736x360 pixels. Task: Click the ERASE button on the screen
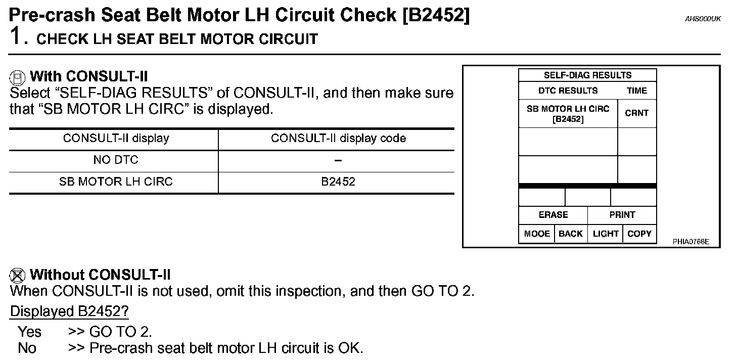coord(553,215)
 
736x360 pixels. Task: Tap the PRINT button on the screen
coord(622,215)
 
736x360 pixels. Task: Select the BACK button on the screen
coord(570,234)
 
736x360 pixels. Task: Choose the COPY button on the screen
coord(639,234)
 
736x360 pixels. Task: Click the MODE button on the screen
coord(536,234)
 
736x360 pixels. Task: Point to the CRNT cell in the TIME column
coord(636,113)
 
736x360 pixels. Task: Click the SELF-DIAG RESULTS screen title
coord(587,75)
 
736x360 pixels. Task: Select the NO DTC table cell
coord(116,160)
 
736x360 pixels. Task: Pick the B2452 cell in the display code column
coord(338,182)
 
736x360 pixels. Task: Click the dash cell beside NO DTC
coord(338,160)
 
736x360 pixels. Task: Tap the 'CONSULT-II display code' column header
coord(338,139)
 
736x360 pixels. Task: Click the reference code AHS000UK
coord(703,19)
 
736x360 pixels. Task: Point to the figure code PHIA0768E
coord(691,242)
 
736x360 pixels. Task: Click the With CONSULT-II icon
coord(18,77)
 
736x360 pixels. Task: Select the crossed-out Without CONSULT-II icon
coord(18,276)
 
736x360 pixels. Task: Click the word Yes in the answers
coord(29,332)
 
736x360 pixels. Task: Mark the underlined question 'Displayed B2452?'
coord(69,311)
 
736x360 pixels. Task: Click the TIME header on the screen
coord(636,91)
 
